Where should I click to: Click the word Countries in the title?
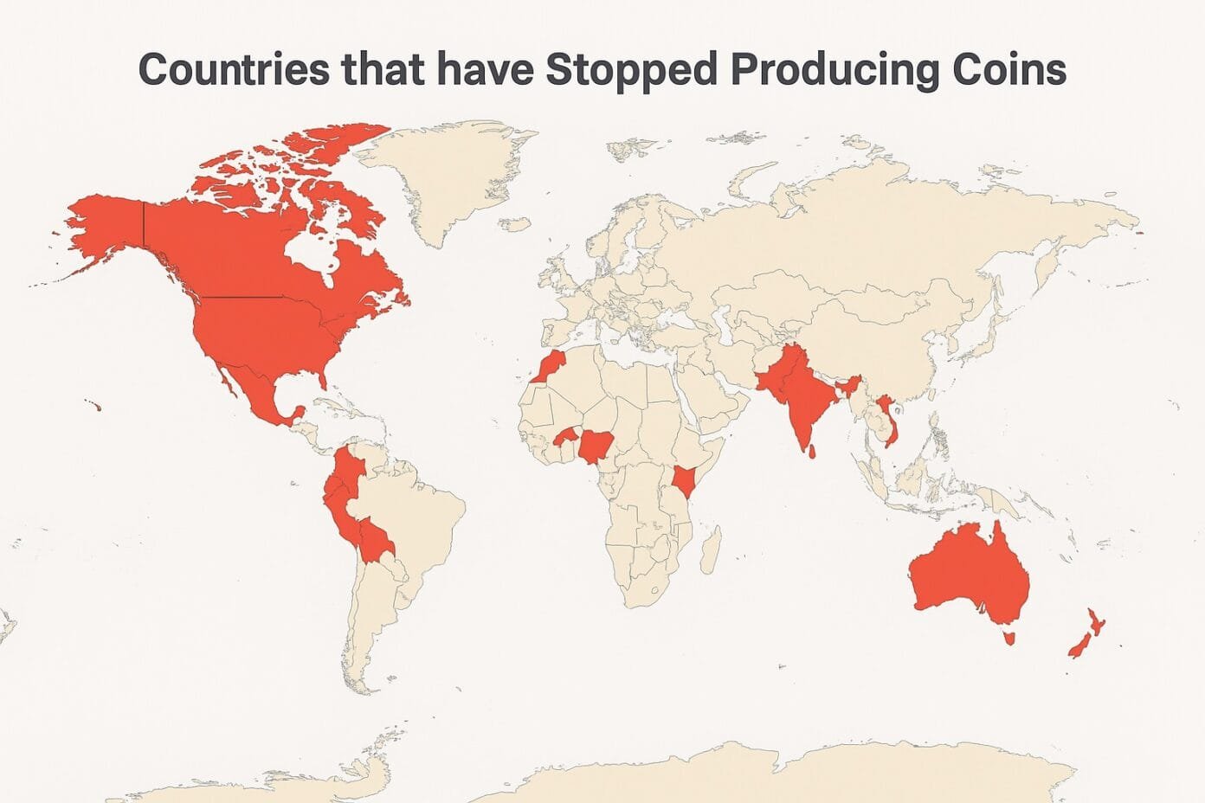coord(234,69)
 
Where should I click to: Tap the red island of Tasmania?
coord(1007,639)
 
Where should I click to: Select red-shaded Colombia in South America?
coord(351,472)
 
